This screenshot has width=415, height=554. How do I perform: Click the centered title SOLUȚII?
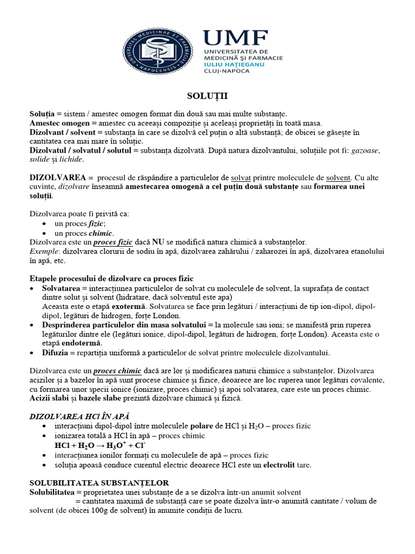(207, 96)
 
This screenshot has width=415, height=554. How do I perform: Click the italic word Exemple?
(43, 251)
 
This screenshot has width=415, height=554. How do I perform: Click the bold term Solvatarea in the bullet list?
(62, 288)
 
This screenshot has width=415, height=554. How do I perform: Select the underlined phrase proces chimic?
(117, 371)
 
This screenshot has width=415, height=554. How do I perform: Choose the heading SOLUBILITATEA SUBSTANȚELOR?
(99, 483)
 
